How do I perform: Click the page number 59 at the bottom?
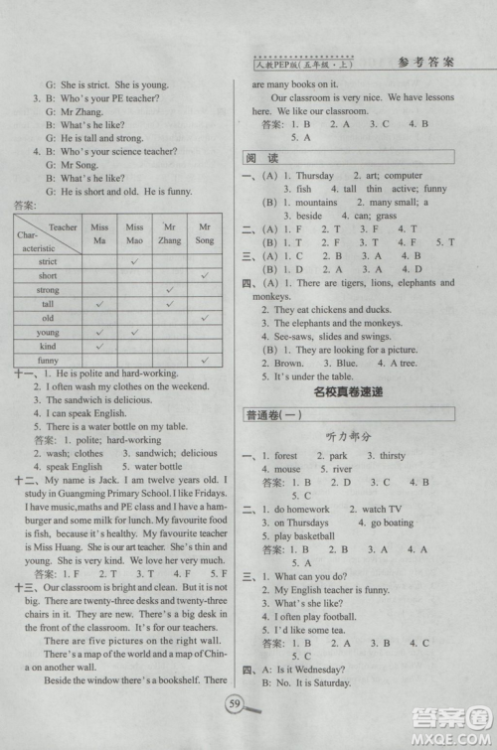[236, 705]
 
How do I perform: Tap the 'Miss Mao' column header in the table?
[134, 234]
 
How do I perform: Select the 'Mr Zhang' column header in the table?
[169, 234]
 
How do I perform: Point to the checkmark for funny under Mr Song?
[204, 360]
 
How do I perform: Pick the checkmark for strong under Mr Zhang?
[169, 289]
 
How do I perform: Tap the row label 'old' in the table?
[48, 318]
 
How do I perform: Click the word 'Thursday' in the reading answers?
[315, 175]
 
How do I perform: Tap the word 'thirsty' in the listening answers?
[393, 455]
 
